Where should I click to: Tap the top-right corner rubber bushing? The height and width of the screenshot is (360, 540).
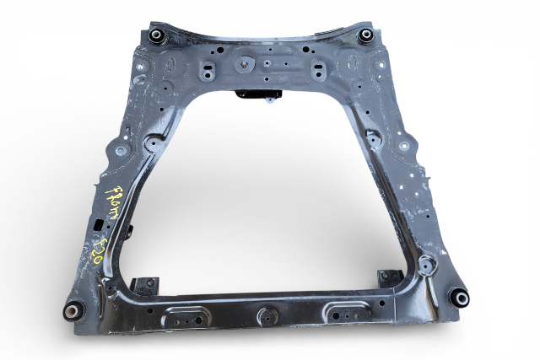click(x=364, y=35)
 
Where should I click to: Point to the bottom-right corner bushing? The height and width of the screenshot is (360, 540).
click(x=459, y=297)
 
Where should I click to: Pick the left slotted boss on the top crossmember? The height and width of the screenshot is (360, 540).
click(x=203, y=68)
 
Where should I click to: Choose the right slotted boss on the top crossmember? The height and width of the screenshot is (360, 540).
click(x=320, y=68)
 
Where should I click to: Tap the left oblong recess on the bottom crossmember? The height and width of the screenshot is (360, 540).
click(x=186, y=316)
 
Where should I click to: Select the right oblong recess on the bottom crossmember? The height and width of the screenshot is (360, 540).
click(x=346, y=309)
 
